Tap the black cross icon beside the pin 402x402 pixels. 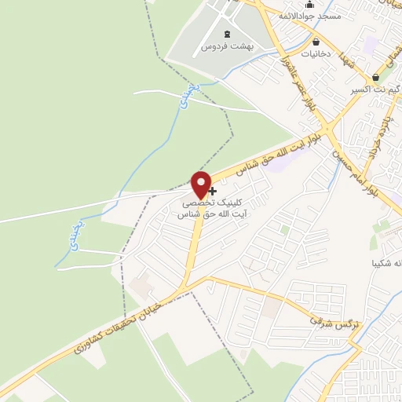click(212, 191)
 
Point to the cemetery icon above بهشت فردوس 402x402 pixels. click(228, 34)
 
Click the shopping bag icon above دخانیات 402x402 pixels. click(316, 42)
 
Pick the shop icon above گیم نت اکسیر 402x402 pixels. click(377, 78)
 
